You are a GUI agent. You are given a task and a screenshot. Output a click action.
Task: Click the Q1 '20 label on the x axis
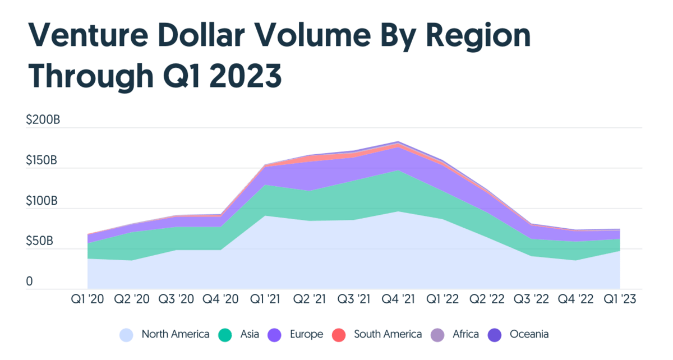[87, 300]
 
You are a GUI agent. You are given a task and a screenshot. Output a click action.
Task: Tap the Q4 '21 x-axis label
[398, 300]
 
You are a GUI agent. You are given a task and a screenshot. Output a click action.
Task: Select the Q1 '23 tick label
[620, 300]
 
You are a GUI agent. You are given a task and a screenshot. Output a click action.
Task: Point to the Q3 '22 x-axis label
[531, 300]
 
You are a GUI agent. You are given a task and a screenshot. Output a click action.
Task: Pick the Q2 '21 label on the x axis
[309, 300]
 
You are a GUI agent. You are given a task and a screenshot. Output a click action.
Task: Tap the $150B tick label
[42, 160]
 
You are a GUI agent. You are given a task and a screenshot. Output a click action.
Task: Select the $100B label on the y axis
[42, 201]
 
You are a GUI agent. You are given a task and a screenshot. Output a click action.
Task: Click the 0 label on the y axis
[30, 282]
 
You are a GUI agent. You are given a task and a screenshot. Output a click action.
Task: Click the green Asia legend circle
[225, 335]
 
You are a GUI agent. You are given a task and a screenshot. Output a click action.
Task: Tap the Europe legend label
[307, 334]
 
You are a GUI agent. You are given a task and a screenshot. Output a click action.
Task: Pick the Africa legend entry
[465, 334]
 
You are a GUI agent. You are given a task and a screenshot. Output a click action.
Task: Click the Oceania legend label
[529, 334]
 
